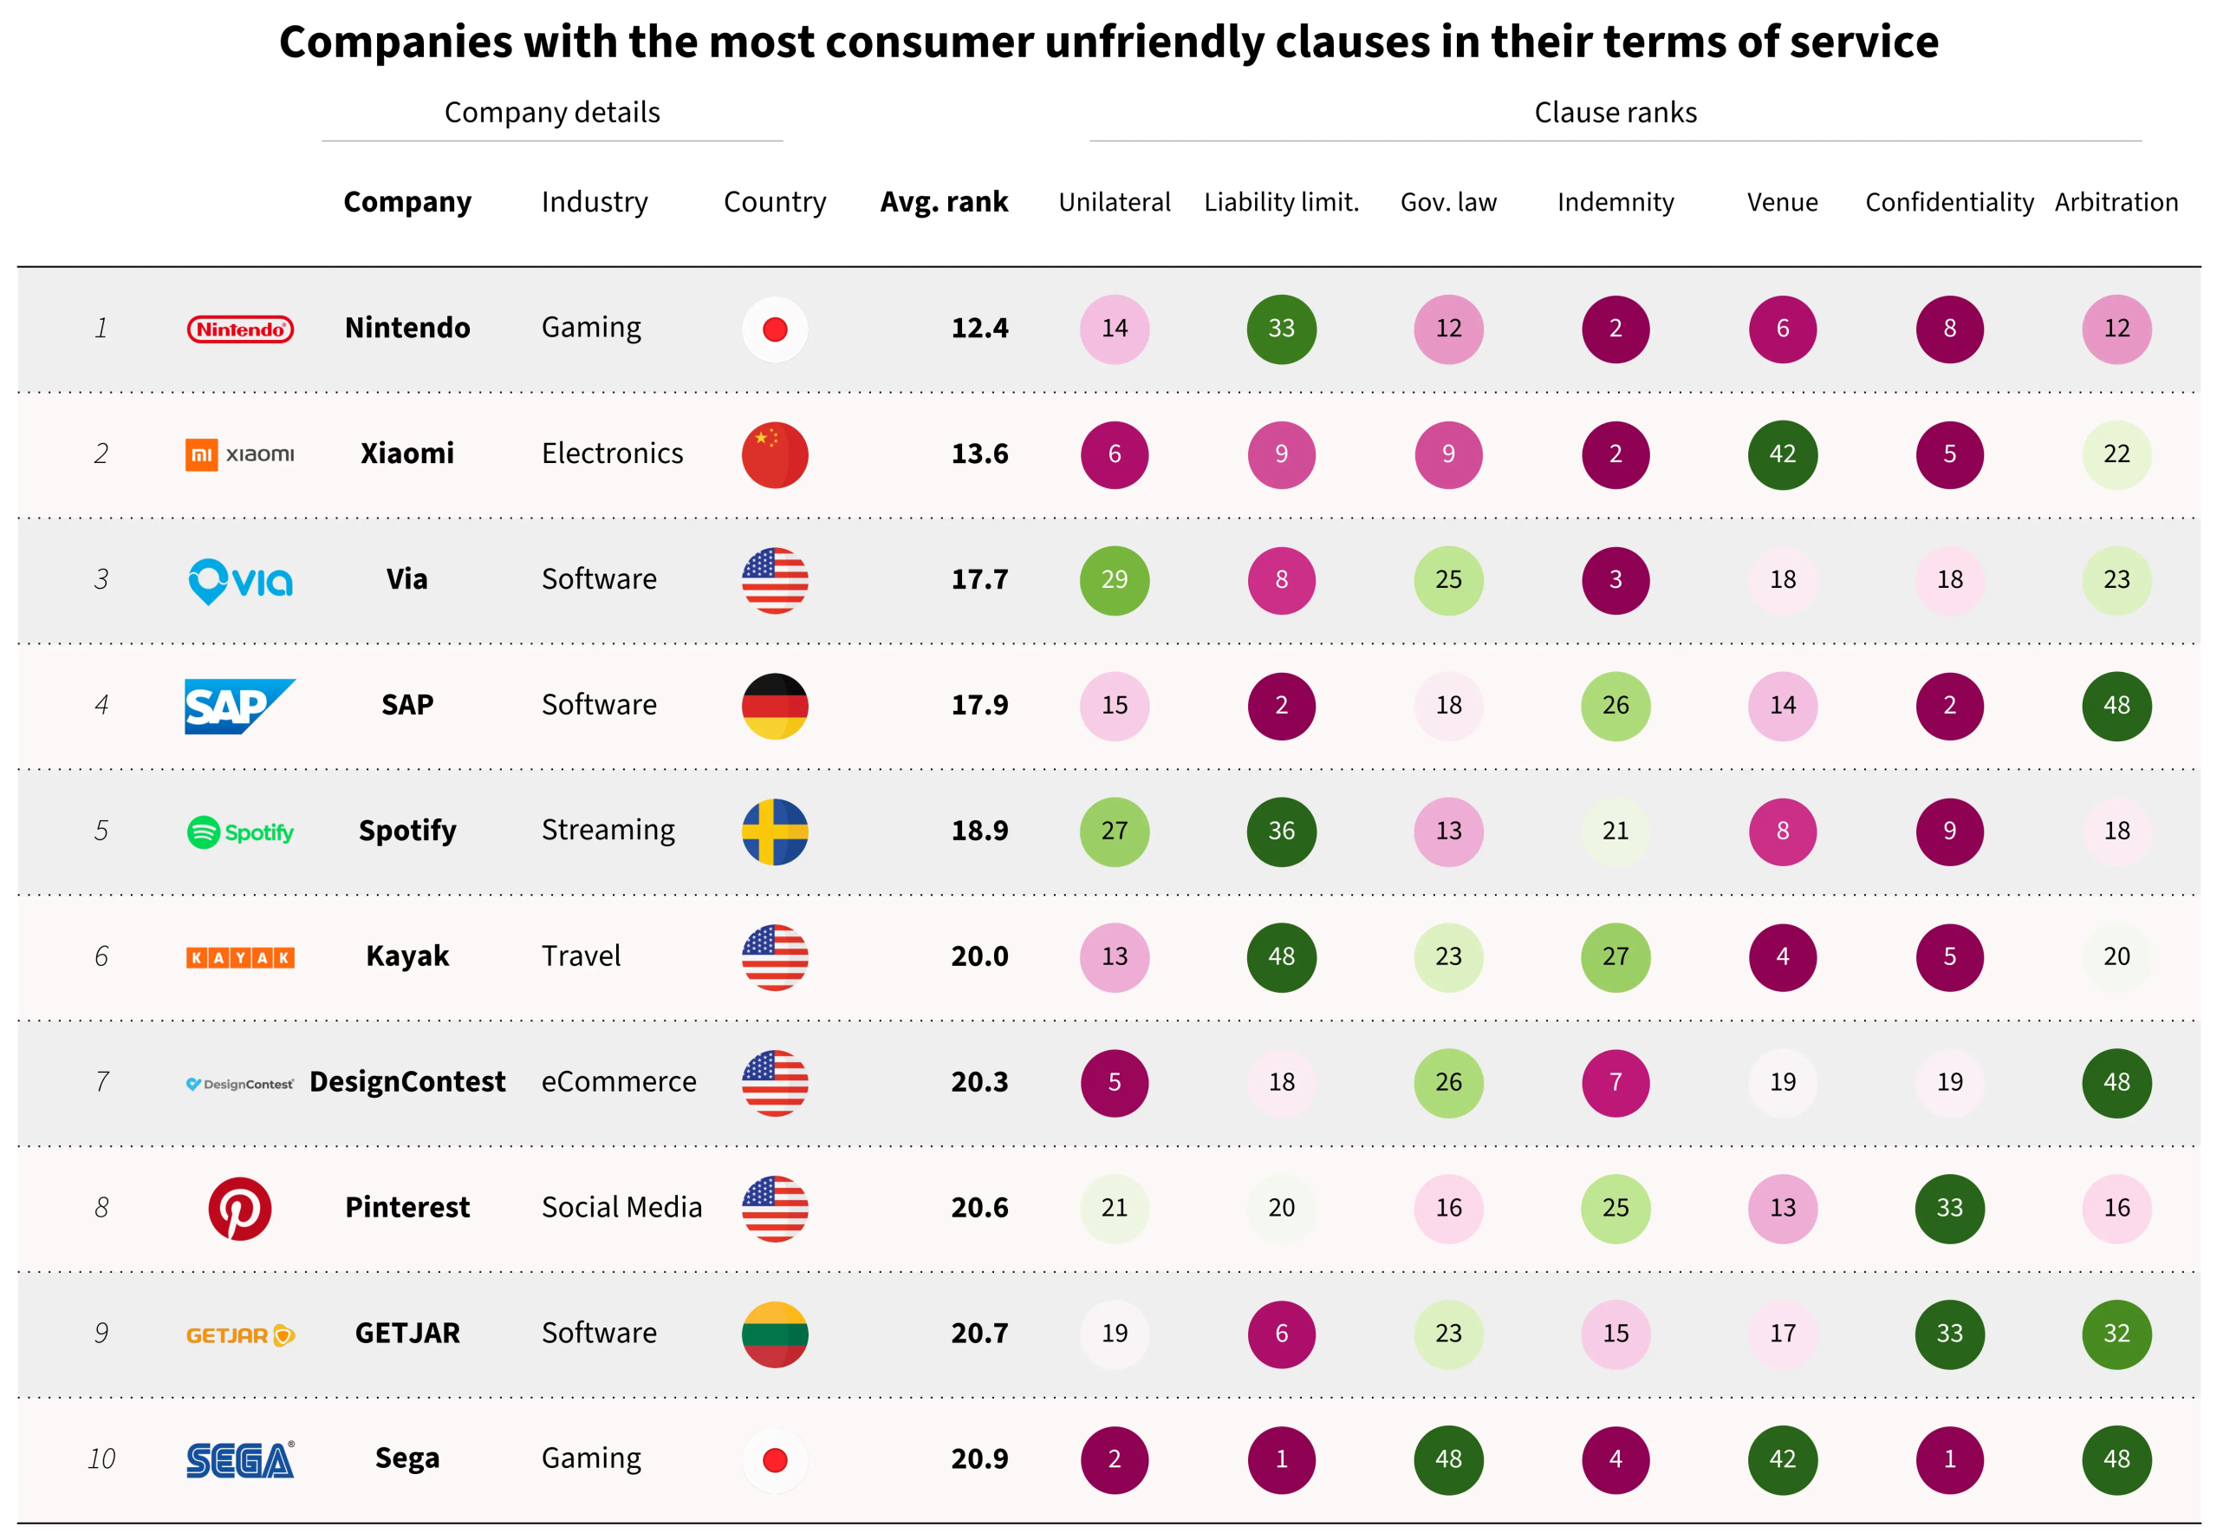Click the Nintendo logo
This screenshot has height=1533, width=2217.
click(240, 329)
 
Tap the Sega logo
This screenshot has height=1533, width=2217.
click(240, 1460)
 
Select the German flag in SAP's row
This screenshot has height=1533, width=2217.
click(775, 706)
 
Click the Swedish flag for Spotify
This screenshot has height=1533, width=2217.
click(775, 832)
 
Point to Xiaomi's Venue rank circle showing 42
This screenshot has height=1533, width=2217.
click(1782, 454)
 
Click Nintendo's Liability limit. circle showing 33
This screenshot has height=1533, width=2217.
click(1281, 329)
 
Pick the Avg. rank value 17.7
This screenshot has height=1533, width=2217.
click(979, 579)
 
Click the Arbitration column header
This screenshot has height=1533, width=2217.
click(2116, 203)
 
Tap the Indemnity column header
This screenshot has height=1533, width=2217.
click(1615, 203)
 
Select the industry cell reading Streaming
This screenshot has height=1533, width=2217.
click(608, 830)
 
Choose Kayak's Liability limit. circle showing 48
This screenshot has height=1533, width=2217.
click(1281, 956)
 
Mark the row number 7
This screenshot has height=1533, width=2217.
click(101, 1082)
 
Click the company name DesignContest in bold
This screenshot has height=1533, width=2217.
click(407, 1082)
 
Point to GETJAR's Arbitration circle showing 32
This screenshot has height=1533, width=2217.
click(2116, 1334)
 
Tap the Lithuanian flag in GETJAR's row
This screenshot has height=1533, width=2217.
click(775, 1334)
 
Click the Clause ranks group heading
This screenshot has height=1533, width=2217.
click(1615, 113)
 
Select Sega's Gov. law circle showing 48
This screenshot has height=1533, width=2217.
click(1448, 1460)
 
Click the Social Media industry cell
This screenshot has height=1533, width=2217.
click(621, 1207)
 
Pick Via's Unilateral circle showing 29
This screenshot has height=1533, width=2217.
click(1114, 580)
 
